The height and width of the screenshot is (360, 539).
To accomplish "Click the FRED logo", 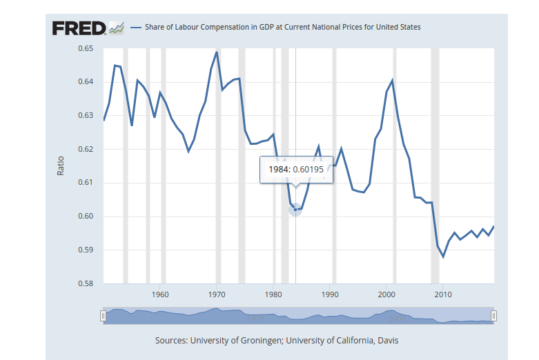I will pos(79,28).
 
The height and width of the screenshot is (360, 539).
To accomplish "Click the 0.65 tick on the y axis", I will pos(85,48).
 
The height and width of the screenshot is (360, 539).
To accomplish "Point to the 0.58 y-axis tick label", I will pos(85,283).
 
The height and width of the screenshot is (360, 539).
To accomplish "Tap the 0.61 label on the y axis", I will pos(85,183).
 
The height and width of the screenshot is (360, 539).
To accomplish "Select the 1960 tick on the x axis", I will pos(160,295).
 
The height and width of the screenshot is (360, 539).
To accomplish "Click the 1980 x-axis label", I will pos(273,295).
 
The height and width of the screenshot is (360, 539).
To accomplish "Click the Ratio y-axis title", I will pos(61,166).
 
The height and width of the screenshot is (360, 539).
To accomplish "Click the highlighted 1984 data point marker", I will pos(295,209).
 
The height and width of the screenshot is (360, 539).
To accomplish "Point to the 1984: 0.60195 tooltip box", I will pos(296,170).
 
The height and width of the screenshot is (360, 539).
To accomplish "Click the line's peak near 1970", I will pos(217,52).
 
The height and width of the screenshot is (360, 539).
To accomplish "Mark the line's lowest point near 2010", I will pos(443,257).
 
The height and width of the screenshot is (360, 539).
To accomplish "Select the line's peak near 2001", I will pos(392,81).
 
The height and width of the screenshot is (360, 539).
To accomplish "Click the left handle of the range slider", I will pos(104,316).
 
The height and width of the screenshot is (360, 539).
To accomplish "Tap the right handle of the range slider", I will pos(493,316).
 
